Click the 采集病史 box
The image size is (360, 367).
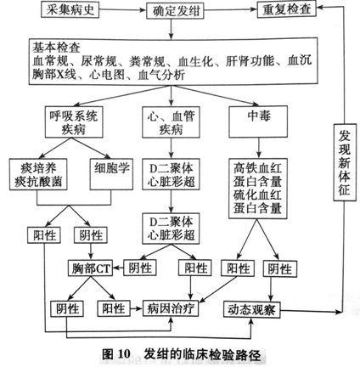point(70,9)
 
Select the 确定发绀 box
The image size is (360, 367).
point(175,11)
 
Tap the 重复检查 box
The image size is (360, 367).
point(286,9)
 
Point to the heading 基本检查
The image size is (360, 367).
point(56,48)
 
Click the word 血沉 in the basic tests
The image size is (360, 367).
point(300,60)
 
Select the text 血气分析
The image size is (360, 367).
point(161,75)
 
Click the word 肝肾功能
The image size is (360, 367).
point(250,61)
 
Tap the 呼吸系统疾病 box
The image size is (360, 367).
point(74,122)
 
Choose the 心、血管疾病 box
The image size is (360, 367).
point(171,122)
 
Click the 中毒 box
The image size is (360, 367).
point(258,121)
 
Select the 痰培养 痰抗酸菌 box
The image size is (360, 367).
point(38,174)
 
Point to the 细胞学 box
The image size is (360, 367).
point(111,174)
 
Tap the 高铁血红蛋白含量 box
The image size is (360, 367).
point(258,189)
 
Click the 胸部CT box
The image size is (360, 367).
point(90,268)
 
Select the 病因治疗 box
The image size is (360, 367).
point(171,308)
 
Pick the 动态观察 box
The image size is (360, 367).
point(252,309)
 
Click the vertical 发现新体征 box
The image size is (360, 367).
point(345,162)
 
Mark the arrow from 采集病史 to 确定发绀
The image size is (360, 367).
point(122,10)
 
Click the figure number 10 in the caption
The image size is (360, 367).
point(124,353)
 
